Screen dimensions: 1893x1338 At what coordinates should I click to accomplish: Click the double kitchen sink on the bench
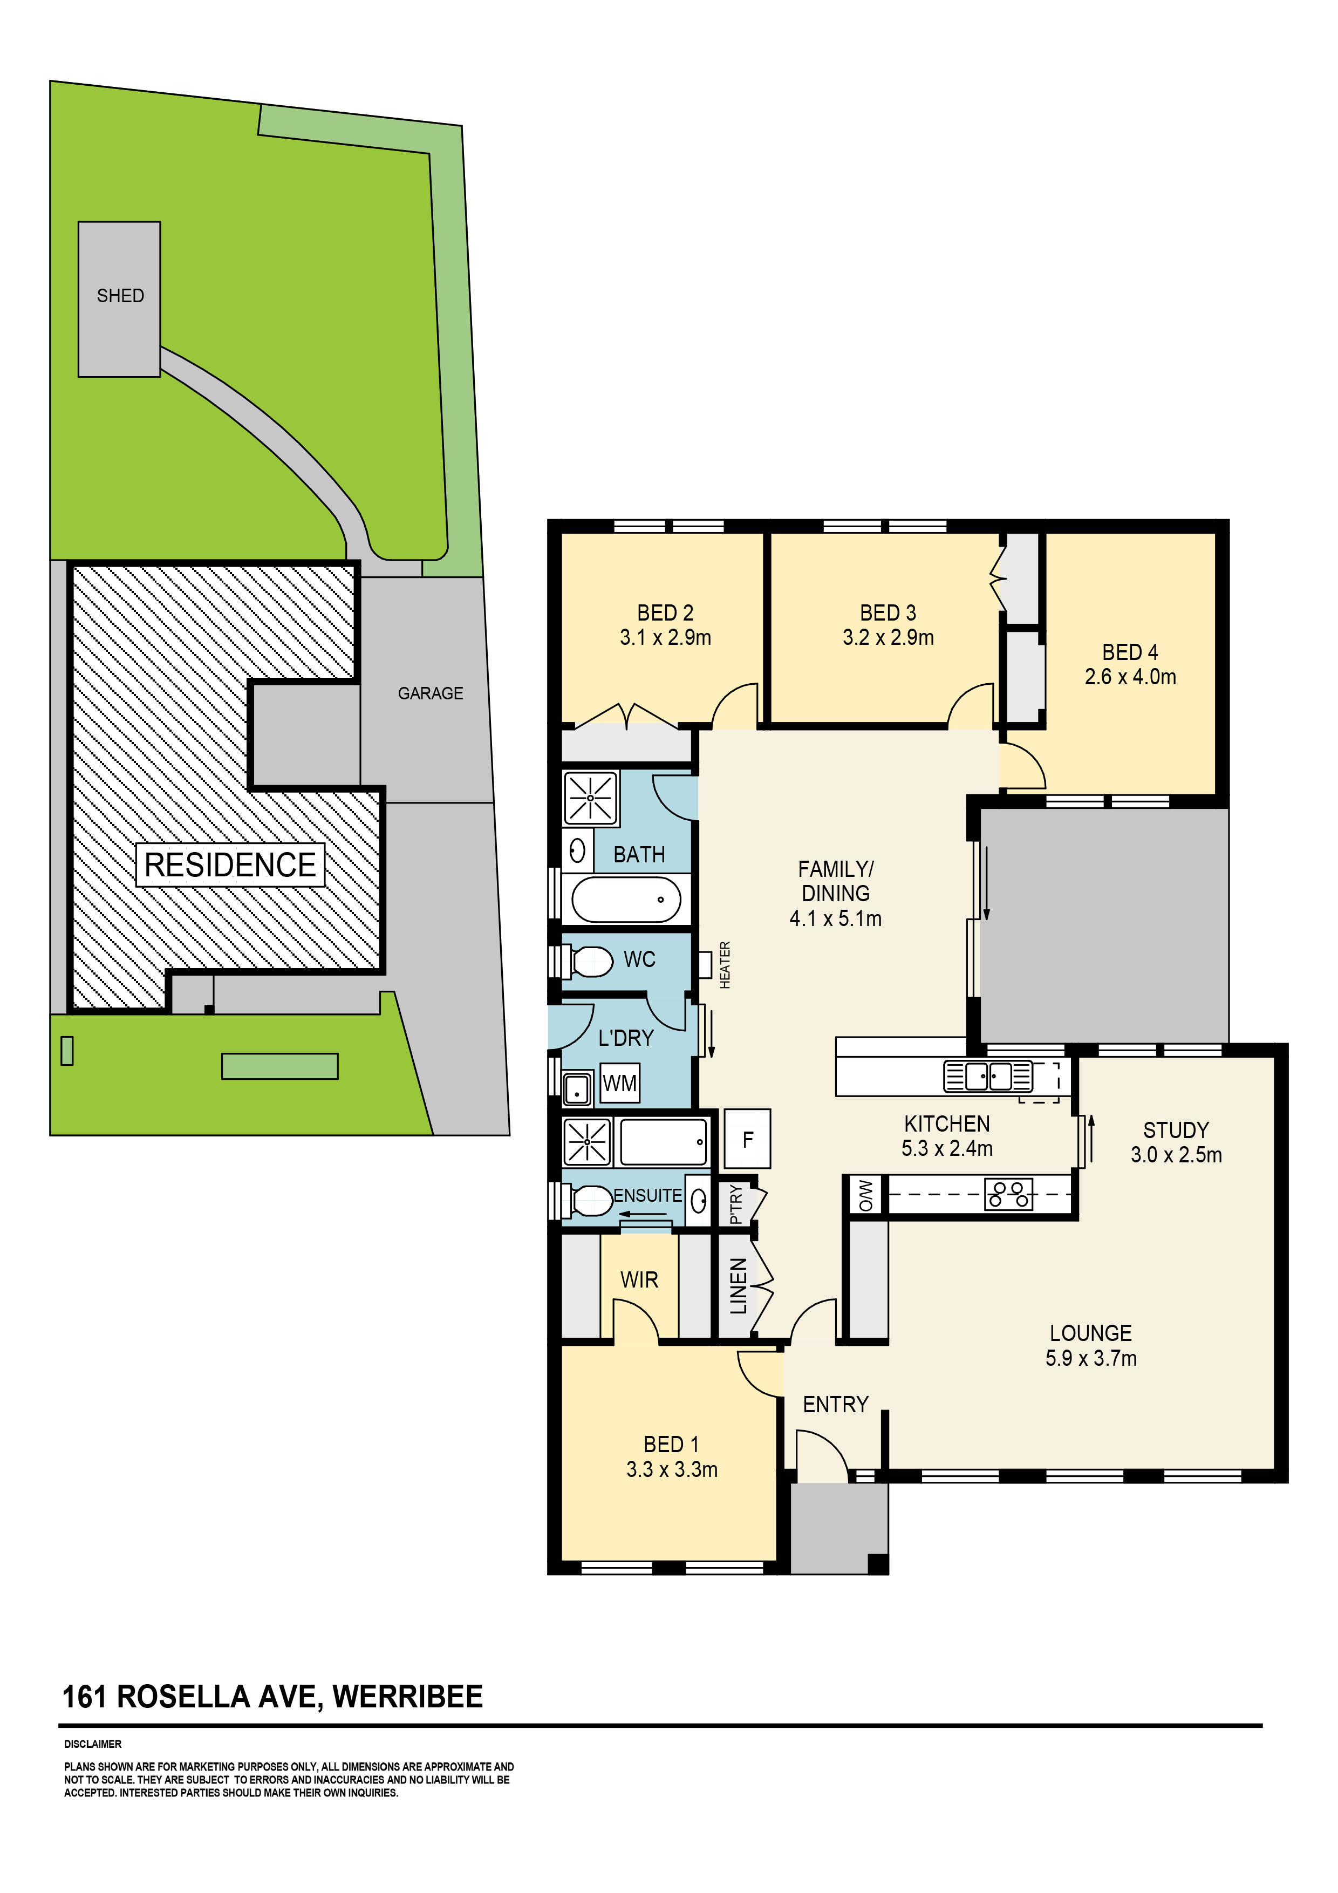click(988, 1077)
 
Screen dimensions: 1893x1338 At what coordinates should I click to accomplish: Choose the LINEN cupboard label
click(739, 1286)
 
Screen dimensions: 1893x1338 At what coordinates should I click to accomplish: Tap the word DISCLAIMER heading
click(92, 1744)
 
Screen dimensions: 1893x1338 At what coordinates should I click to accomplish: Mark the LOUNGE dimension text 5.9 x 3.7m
click(1091, 1358)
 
